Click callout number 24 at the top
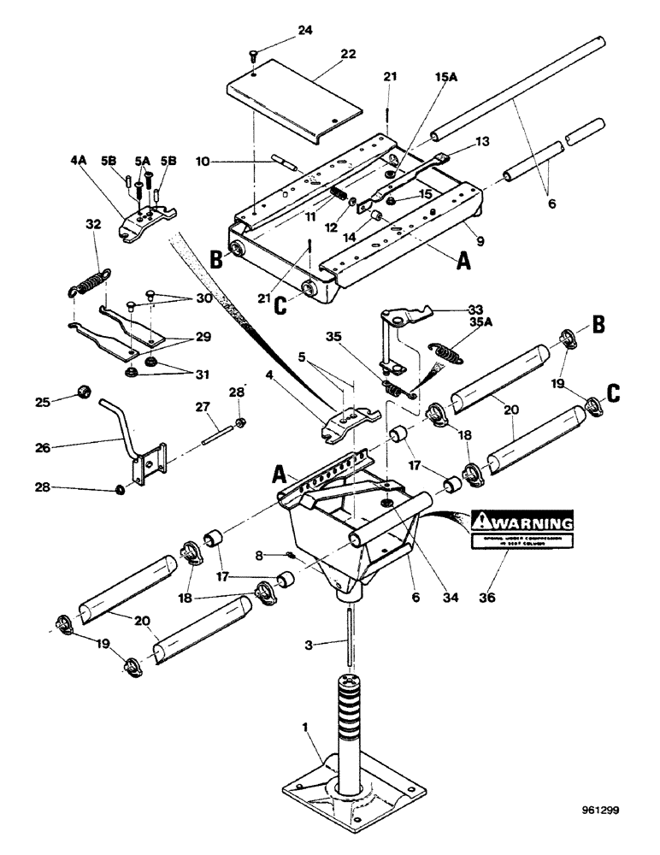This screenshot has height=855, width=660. (281, 32)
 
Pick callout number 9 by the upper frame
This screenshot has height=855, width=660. (481, 243)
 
